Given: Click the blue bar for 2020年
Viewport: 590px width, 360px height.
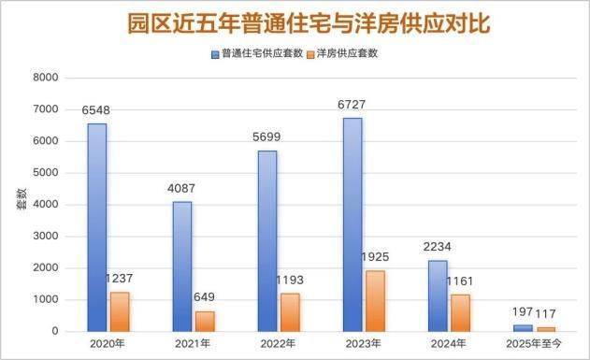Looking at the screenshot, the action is [x=97, y=227].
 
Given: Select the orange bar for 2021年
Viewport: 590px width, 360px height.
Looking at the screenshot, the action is [x=205, y=322].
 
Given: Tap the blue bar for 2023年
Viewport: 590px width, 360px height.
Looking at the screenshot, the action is [x=353, y=225].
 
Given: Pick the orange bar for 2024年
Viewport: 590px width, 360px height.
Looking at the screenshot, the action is [x=461, y=313].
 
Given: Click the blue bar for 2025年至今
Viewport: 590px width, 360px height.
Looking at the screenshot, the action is [x=523, y=328].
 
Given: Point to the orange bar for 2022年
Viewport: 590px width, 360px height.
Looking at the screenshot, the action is [x=290, y=312].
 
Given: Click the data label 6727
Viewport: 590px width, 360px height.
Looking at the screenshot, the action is [x=352, y=105].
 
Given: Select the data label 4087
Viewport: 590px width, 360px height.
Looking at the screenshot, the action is [x=181, y=188].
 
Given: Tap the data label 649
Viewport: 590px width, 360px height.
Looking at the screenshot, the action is [x=205, y=297].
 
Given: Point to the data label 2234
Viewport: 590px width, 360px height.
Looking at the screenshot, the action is [x=437, y=247].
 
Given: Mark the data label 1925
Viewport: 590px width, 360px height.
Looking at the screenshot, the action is [x=375, y=257].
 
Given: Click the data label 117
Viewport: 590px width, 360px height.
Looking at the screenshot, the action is [x=546, y=313].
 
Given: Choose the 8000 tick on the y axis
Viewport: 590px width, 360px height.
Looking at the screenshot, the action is [x=46, y=78].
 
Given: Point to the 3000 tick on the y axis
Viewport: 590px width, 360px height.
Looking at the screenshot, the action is [x=46, y=237].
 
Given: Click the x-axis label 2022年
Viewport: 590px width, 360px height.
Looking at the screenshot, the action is [x=278, y=344].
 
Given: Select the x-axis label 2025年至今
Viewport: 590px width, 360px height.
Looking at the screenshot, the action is [x=534, y=344].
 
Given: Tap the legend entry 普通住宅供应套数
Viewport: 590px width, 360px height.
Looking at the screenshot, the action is [x=257, y=54].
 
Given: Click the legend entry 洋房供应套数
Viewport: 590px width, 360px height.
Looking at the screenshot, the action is [x=343, y=54].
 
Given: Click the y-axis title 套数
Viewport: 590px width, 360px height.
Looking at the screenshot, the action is [x=22, y=199].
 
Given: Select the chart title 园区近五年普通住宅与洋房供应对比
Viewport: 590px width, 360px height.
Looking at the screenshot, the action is [x=309, y=23].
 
